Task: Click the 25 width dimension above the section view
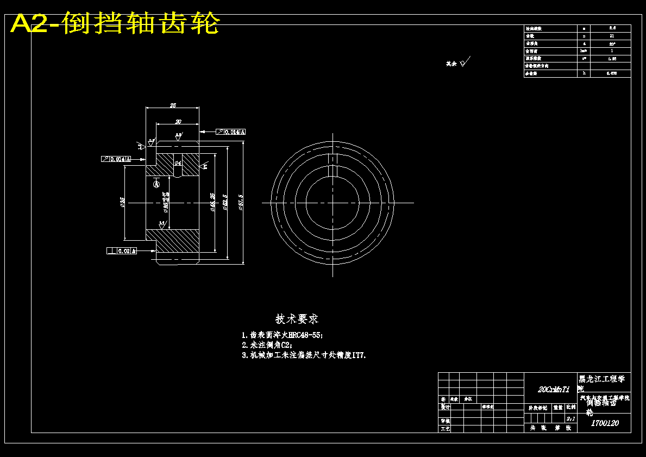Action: pyautogui.click(x=173, y=105)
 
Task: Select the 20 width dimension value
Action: pyautogui.click(x=178, y=121)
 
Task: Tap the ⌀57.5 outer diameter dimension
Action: pyautogui.click(x=240, y=203)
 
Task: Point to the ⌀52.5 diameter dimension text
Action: pyautogui.click(x=224, y=203)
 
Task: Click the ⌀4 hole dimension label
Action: pyautogui.click(x=177, y=162)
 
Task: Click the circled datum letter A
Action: pyautogui.click(x=157, y=184)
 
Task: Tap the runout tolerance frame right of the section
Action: pyautogui.click(x=231, y=132)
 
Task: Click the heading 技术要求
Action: pyautogui.click(x=297, y=319)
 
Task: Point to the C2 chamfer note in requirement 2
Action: pyautogui.click(x=285, y=345)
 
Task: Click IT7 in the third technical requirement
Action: pyautogui.click(x=359, y=355)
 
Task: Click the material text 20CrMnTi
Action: pyautogui.click(x=553, y=389)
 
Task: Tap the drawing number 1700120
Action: pyautogui.click(x=604, y=423)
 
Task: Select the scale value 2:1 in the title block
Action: pyautogui.click(x=570, y=419)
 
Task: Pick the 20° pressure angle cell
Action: pyautogui.click(x=612, y=43)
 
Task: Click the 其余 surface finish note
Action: pyautogui.click(x=451, y=64)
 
